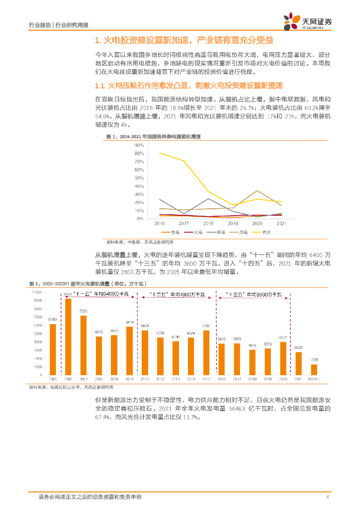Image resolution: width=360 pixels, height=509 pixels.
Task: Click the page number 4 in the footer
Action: [x=327, y=497]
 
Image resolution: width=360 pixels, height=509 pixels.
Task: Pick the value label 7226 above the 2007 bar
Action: [x=84, y=311]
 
